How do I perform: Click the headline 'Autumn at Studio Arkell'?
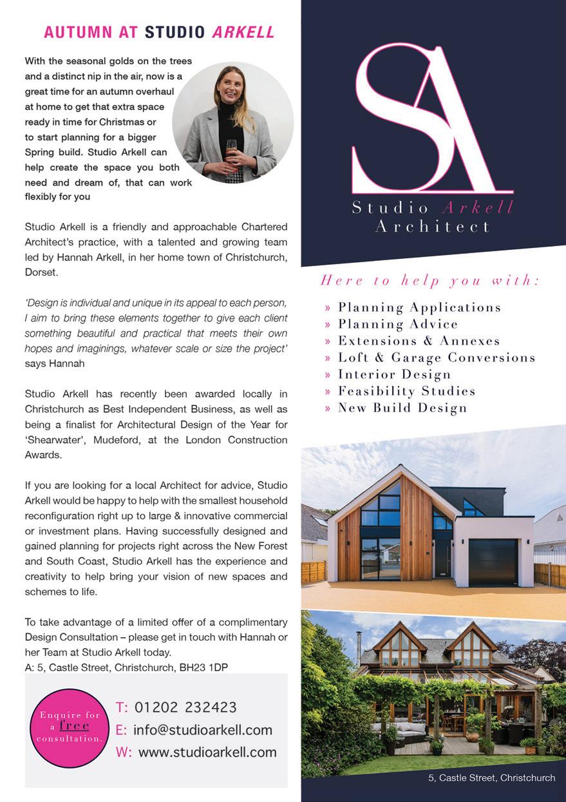point(159,32)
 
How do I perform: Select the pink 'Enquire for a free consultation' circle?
point(70,727)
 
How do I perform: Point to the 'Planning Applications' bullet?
point(419,307)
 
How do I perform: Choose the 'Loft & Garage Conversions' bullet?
point(437,358)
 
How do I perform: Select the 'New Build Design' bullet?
point(402,408)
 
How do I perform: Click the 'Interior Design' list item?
point(394,374)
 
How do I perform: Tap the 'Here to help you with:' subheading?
point(430,280)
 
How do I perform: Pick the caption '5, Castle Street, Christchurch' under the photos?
point(491,778)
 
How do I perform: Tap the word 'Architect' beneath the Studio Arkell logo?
point(432,227)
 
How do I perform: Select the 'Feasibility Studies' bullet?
point(406,391)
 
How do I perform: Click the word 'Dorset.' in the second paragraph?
point(41,272)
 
